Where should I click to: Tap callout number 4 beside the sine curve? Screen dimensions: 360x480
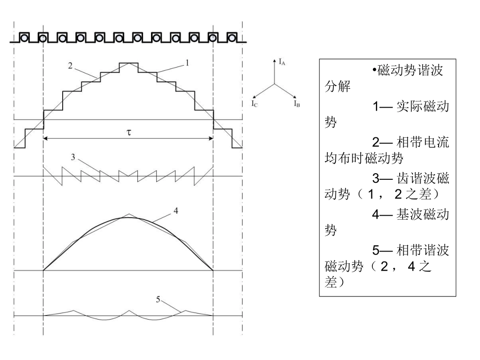point(175,211)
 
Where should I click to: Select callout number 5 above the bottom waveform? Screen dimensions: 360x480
point(159,299)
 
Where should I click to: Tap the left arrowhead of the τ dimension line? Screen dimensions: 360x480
point(46,138)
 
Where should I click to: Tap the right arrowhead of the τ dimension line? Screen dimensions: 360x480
point(211,138)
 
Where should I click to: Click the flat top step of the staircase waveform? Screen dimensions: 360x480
point(128,63)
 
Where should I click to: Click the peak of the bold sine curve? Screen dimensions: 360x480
point(128,217)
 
